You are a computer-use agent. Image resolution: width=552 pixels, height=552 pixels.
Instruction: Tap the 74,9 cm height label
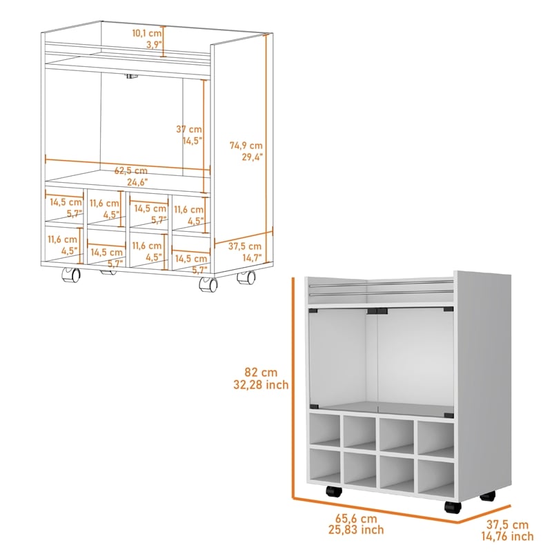[x=246, y=145]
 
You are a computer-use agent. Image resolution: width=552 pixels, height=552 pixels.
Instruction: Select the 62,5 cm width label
[x=131, y=170]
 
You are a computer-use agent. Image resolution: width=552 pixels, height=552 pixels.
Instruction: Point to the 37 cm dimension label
[x=188, y=129]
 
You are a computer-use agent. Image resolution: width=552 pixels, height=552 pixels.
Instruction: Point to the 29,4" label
[x=246, y=157]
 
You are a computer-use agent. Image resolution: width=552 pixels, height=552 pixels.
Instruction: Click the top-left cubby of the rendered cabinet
[x=324, y=430]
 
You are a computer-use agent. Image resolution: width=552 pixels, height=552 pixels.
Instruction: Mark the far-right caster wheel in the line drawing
[x=246, y=278]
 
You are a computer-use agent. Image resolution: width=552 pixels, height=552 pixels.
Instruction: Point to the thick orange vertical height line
[x=293, y=386]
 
